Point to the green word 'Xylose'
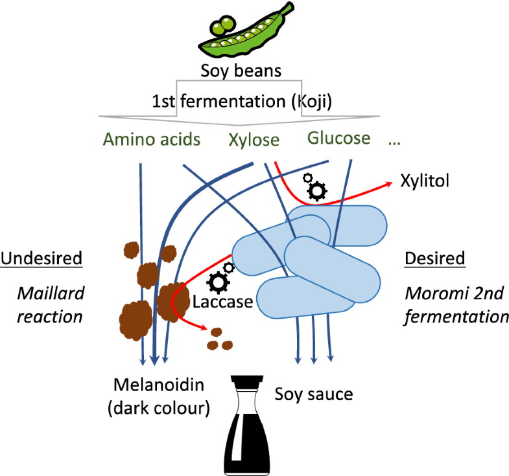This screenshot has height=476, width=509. coord(254,140)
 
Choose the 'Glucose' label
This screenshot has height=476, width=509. coord(339,138)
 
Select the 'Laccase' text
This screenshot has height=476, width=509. coord(222,302)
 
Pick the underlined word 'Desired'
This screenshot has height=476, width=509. coord(435,258)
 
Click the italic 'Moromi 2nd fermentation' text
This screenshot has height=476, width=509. coord(455,305)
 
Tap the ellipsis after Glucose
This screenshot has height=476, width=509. coord(394,141)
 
